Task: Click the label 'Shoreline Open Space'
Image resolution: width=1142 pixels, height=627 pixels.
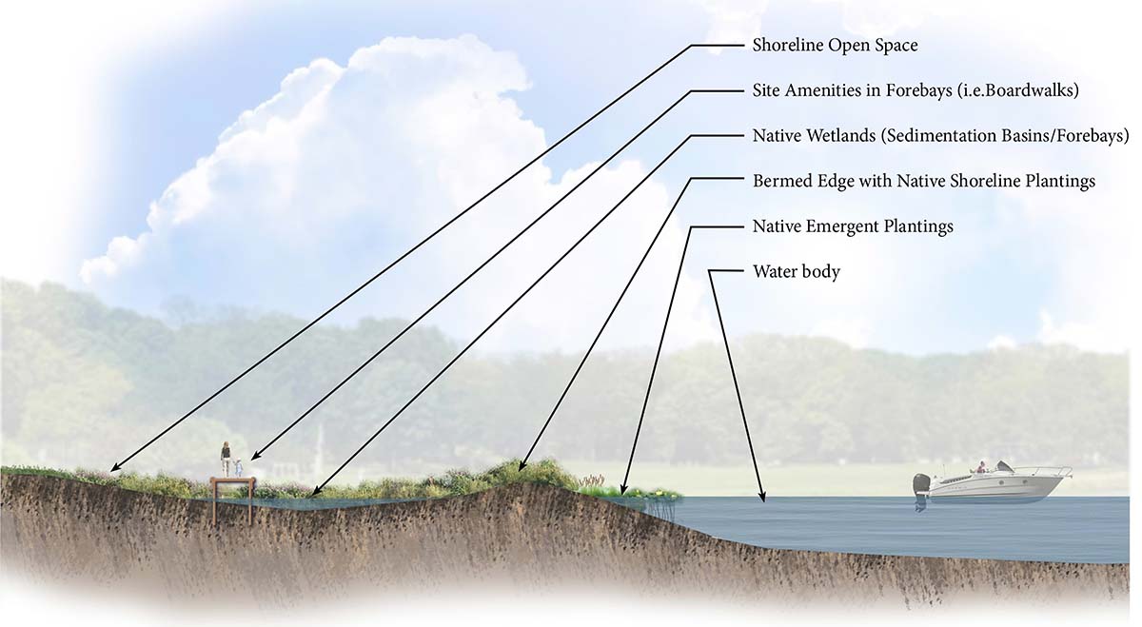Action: (835, 46)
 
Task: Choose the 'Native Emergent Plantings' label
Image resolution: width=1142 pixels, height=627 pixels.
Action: (853, 226)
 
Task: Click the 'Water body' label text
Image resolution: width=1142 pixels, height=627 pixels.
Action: (796, 272)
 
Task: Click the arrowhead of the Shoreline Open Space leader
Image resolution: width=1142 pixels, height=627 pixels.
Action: (113, 469)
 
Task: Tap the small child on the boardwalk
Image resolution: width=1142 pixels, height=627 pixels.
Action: (238, 468)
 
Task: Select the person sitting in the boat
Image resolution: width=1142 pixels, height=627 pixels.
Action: (980, 467)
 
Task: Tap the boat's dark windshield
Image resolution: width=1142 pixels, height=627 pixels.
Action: (1003, 466)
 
